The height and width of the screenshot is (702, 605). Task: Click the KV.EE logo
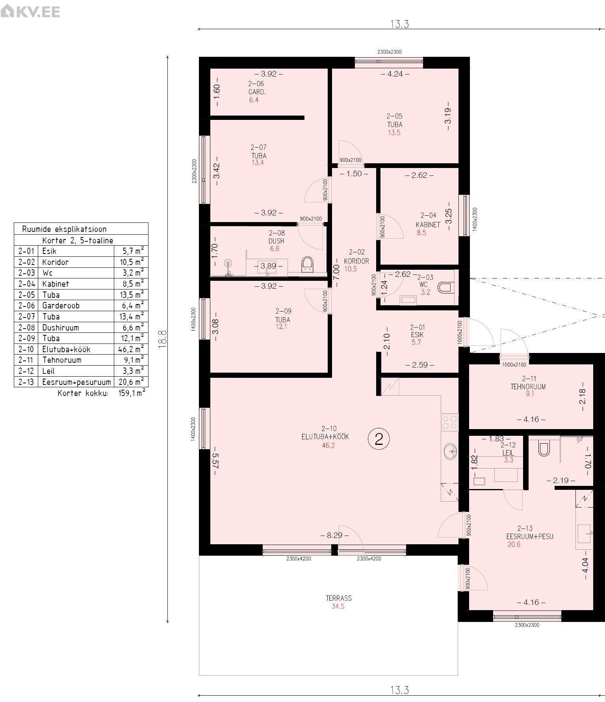pos(30,11)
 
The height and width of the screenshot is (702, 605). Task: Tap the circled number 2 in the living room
pos(379,439)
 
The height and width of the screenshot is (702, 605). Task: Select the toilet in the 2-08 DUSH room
pos(306,265)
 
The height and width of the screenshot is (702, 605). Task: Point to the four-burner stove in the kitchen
pos(449,422)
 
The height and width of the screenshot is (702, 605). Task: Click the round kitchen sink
pos(450,451)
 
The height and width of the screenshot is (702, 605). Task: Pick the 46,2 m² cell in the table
pos(131,349)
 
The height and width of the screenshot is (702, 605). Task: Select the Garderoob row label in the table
pos(61,305)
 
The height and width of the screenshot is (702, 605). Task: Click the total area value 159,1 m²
pos(132,393)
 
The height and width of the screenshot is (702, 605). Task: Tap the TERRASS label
pos(338,598)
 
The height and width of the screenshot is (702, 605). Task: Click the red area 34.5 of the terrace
pos(338,606)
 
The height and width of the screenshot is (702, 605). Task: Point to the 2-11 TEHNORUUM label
pos(528,383)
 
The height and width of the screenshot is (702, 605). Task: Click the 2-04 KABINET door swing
pos(390,226)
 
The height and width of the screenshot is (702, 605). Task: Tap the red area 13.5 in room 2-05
pos(394,133)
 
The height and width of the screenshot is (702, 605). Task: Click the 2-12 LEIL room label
pos(508,449)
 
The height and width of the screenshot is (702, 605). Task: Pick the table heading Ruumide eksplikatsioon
pos(64,229)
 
